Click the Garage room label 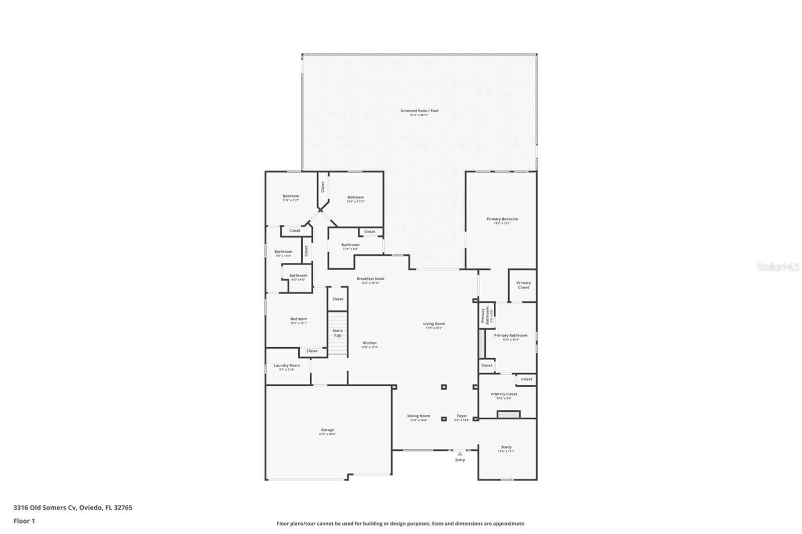click(x=327, y=430)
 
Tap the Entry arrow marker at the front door click(x=460, y=453)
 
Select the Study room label click(x=506, y=447)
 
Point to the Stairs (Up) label click(x=337, y=333)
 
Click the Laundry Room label click(x=287, y=366)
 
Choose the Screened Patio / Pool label click(x=419, y=111)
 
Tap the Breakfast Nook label click(x=370, y=279)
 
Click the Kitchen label click(x=369, y=344)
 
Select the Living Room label click(x=434, y=324)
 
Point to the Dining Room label click(x=419, y=416)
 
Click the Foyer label click(x=462, y=416)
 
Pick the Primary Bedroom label click(x=502, y=219)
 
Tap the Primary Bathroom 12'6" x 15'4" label click(x=511, y=336)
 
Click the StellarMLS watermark click(x=778, y=268)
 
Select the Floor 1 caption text click(x=24, y=521)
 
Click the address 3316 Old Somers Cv click(x=73, y=507)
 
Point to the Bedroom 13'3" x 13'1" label click(x=299, y=320)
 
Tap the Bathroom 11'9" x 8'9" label click(x=350, y=245)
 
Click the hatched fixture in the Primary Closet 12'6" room click(x=509, y=414)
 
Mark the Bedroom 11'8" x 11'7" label click(x=291, y=197)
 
